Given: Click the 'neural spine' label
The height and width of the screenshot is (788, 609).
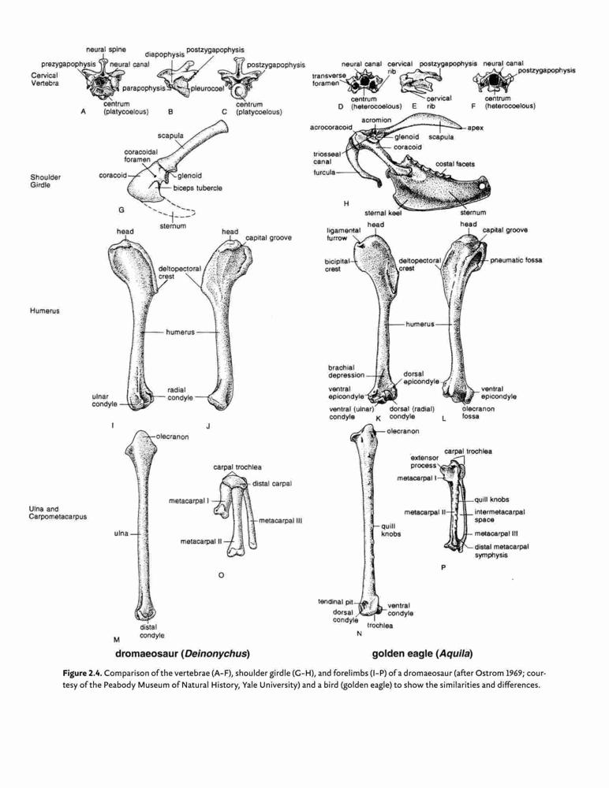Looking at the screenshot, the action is tap(106, 49).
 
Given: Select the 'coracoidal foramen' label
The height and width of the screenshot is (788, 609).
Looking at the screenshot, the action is tap(141, 156).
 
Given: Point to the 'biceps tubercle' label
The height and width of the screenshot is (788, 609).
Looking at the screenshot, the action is tap(197, 188).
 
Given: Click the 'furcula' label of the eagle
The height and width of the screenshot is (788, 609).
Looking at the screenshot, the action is tap(324, 173).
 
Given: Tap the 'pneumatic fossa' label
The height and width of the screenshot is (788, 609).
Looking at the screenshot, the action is tap(516, 260).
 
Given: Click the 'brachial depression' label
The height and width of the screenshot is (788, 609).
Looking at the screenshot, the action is tap(346, 371).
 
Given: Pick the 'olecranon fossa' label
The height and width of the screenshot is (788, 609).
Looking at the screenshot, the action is tap(478, 413).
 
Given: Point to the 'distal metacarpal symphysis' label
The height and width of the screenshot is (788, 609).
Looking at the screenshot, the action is tap(501, 551).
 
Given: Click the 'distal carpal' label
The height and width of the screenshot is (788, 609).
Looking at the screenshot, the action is tap(272, 484).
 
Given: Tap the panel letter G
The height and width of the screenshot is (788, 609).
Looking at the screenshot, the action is tap(121, 210).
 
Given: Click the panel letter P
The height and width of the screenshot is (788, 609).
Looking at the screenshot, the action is tap(443, 568).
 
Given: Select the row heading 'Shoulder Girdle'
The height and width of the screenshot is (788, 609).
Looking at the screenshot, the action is tap(45, 181).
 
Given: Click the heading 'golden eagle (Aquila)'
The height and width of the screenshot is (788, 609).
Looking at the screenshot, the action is tap(422, 654).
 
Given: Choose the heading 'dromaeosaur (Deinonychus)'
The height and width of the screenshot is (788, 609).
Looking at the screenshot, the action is tap(183, 654).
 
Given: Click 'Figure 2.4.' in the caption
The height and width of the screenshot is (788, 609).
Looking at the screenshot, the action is tap(83, 673).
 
